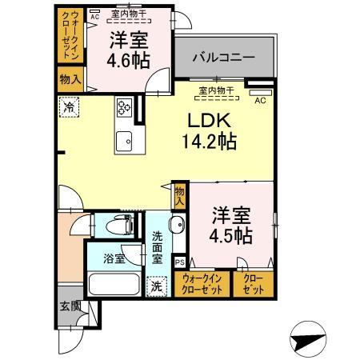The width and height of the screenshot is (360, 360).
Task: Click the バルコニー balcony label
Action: pyautogui.click(x=223, y=58)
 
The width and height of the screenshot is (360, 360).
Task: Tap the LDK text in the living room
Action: pyautogui.click(x=210, y=121)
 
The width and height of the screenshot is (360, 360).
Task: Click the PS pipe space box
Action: pyautogui.click(x=179, y=262)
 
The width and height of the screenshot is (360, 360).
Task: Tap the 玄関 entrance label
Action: pyautogui.click(x=69, y=306)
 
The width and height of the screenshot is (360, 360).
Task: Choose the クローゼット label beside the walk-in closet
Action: pyautogui.click(x=251, y=284)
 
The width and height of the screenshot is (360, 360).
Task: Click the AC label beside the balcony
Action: pyautogui.click(x=260, y=100)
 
